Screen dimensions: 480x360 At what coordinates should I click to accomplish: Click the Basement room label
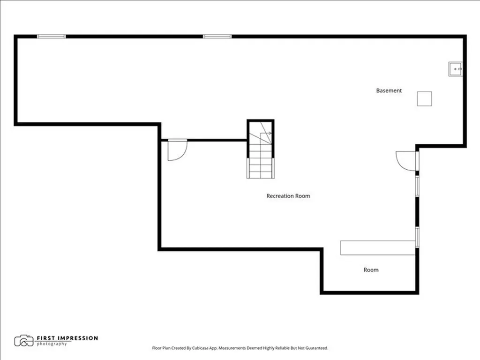click(x=389, y=90)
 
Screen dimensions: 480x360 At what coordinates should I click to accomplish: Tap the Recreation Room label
click(x=288, y=196)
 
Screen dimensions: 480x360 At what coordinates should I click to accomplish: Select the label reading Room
click(x=371, y=270)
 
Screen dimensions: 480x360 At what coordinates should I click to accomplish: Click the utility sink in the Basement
click(x=456, y=69)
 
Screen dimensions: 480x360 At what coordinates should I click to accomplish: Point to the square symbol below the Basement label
click(x=424, y=99)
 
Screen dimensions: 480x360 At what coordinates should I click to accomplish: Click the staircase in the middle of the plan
click(x=261, y=149)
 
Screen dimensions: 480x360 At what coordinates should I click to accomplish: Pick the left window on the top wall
click(x=52, y=37)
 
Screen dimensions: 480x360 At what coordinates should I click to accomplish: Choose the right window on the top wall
click(x=217, y=37)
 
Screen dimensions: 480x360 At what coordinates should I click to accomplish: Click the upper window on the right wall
click(x=417, y=186)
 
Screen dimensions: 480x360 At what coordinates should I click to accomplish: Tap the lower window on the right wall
click(x=417, y=237)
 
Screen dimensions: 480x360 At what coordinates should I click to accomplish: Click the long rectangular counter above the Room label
click(x=378, y=247)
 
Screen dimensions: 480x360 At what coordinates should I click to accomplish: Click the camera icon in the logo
click(x=23, y=341)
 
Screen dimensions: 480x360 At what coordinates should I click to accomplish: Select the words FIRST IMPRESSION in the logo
click(x=67, y=338)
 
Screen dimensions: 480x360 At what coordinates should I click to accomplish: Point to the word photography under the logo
click(x=52, y=344)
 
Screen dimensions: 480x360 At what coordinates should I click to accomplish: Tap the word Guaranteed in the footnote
click(x=317, y=348)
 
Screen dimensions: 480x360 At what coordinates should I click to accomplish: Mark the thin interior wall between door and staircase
click(x=217, y=140)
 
